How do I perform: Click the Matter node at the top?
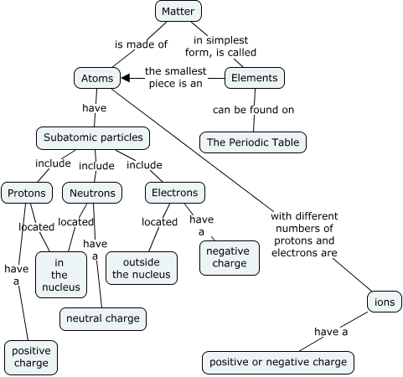pyautogui.click(x=178, y=11)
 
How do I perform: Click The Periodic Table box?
pyautogui.click(x=252, y=142)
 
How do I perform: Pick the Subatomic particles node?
pyautogui.click(x=92, y=137)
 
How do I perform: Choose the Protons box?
pyautogui.click(x=27, y=193)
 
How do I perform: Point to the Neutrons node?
pyautogui.click(x=92, y=193)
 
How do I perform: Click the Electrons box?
pyautogui.click(x=174, y=193)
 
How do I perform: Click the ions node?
pyautogui.click(x=385, y=302)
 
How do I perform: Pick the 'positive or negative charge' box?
pyautogui.click(x=278, y=362)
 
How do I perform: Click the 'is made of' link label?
pyautogui.click(x=141, y=44)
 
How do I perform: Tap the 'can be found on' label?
pyautogui.click(x=253, y=111)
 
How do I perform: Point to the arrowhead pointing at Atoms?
pyautogui.click(x=126, y=79)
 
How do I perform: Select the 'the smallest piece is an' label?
pyautogui.click(x=174, y=77)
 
